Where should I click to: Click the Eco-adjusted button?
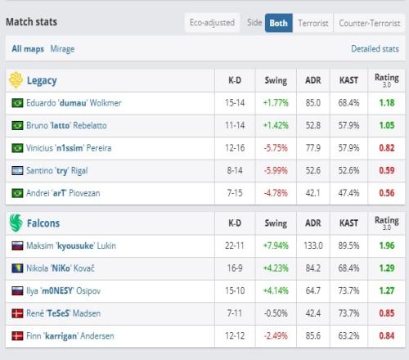pyautogui.click(x=212, y=23)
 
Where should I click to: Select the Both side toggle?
pyautogui.click(x=278, y=23)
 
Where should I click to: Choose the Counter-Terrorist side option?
pyautogui.click(x=370, y=23)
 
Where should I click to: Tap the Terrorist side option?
pyautogui.click(x=313, y=23)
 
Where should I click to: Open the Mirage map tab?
pyautogui.click(x=62, y=49)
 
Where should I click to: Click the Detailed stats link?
pyautogui.click(x=375, y=49)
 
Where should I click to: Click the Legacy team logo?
pyautogui.click(x=16, y=80)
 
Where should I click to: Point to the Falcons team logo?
pyautogui.click(x=16, y=223)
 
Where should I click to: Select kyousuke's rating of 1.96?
pyautogui.click(x=387, y=245)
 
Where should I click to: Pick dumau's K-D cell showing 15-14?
pyautogui.click(x=235, y=103)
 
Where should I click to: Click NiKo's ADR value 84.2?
pyautogui.click(x=313, y=268)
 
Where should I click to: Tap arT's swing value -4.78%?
pyautogui.click(x=276, y=193)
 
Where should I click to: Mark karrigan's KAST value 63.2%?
pyautogui.click(x=348, y=335)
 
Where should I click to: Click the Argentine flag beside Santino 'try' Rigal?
pyautogui.click(x=17, y=171)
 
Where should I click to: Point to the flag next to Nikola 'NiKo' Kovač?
pyautogui.click(x=17, y=268)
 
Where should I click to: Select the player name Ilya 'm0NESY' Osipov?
pyautogui.click(x=64, y=290)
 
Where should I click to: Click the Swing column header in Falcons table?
pyautogui.click(x=276, y=223)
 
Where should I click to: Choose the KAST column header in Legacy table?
pyautogui.click(x=348, y=80)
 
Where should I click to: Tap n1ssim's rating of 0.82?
pyautogui.click(x=387, y=148)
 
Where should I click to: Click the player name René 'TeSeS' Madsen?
pyautogui.click(x=64, y=313)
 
